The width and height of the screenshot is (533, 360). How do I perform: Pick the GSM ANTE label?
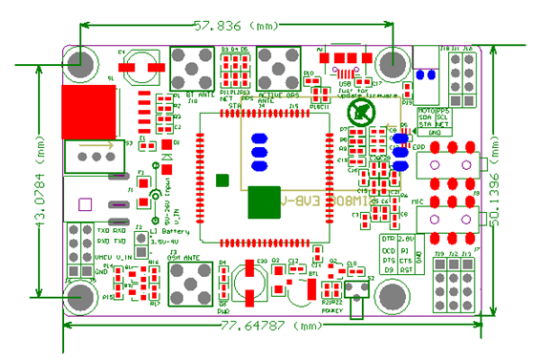click(x=183, y=258)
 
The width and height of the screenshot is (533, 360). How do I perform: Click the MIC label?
click(x=417, y=202)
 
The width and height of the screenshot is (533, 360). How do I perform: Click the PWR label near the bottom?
click(x=223, y=311)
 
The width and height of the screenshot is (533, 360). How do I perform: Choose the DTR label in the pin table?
click(x=388, y=238)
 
